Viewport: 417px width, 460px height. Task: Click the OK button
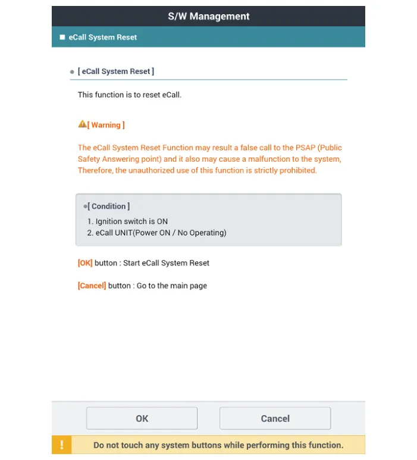coord(142,418)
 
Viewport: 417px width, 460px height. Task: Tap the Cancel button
coord(275,418)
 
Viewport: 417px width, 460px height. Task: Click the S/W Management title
coord(208,16)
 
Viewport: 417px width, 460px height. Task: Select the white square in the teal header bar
coord(62,37)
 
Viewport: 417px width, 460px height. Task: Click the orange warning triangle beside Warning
coord(82,124)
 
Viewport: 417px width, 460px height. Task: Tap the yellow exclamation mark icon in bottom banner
coord(61,445)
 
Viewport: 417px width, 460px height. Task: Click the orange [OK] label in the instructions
coord(85,263)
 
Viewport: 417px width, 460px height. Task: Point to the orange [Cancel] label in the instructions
coord(92,286)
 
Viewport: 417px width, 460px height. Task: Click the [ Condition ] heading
coord(108,206)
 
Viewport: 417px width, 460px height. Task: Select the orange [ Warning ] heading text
coord(106,125)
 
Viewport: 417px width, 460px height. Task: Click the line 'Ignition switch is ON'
coord(131,221)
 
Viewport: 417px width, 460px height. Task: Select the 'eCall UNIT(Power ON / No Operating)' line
coord(161,233)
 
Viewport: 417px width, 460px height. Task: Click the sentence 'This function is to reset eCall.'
coord(129,95)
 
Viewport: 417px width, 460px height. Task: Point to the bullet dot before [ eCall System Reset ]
coord(72,72)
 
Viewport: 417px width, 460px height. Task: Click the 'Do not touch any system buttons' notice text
coord(218,445)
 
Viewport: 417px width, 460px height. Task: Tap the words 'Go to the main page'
coord(172,286)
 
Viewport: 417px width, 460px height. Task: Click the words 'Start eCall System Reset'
coord(166,263)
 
